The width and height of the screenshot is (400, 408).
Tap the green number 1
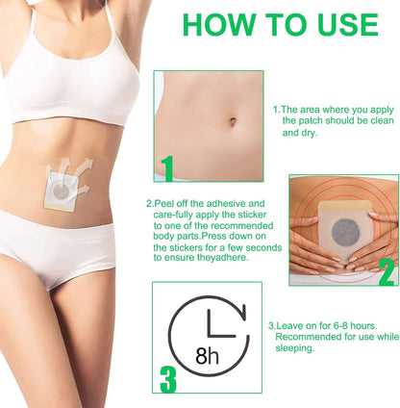pos(167,169)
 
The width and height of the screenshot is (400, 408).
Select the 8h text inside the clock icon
pos(207,356)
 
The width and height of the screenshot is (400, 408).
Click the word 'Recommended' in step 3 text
pos(307,337)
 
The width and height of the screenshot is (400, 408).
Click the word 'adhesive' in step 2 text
pos(218,204)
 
